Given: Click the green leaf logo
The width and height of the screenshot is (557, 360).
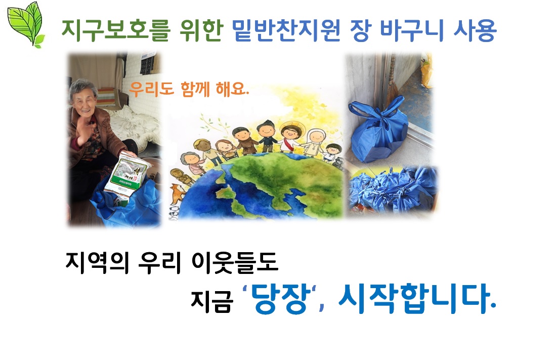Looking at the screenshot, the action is coord(26,24).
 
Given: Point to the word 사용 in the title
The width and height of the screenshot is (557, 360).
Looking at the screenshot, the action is coord(475,30).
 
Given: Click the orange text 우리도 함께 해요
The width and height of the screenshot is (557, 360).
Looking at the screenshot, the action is coord(189,89).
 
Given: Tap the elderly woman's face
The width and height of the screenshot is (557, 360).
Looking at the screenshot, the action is coord(83,97).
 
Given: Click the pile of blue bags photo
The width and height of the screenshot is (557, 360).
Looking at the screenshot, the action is coord(392,190).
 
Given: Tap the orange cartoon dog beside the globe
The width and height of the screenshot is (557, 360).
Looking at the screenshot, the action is coord(177,194).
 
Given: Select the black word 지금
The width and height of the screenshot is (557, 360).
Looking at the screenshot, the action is coord(211,302).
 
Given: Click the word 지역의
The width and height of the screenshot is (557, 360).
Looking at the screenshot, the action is coord(97,263).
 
